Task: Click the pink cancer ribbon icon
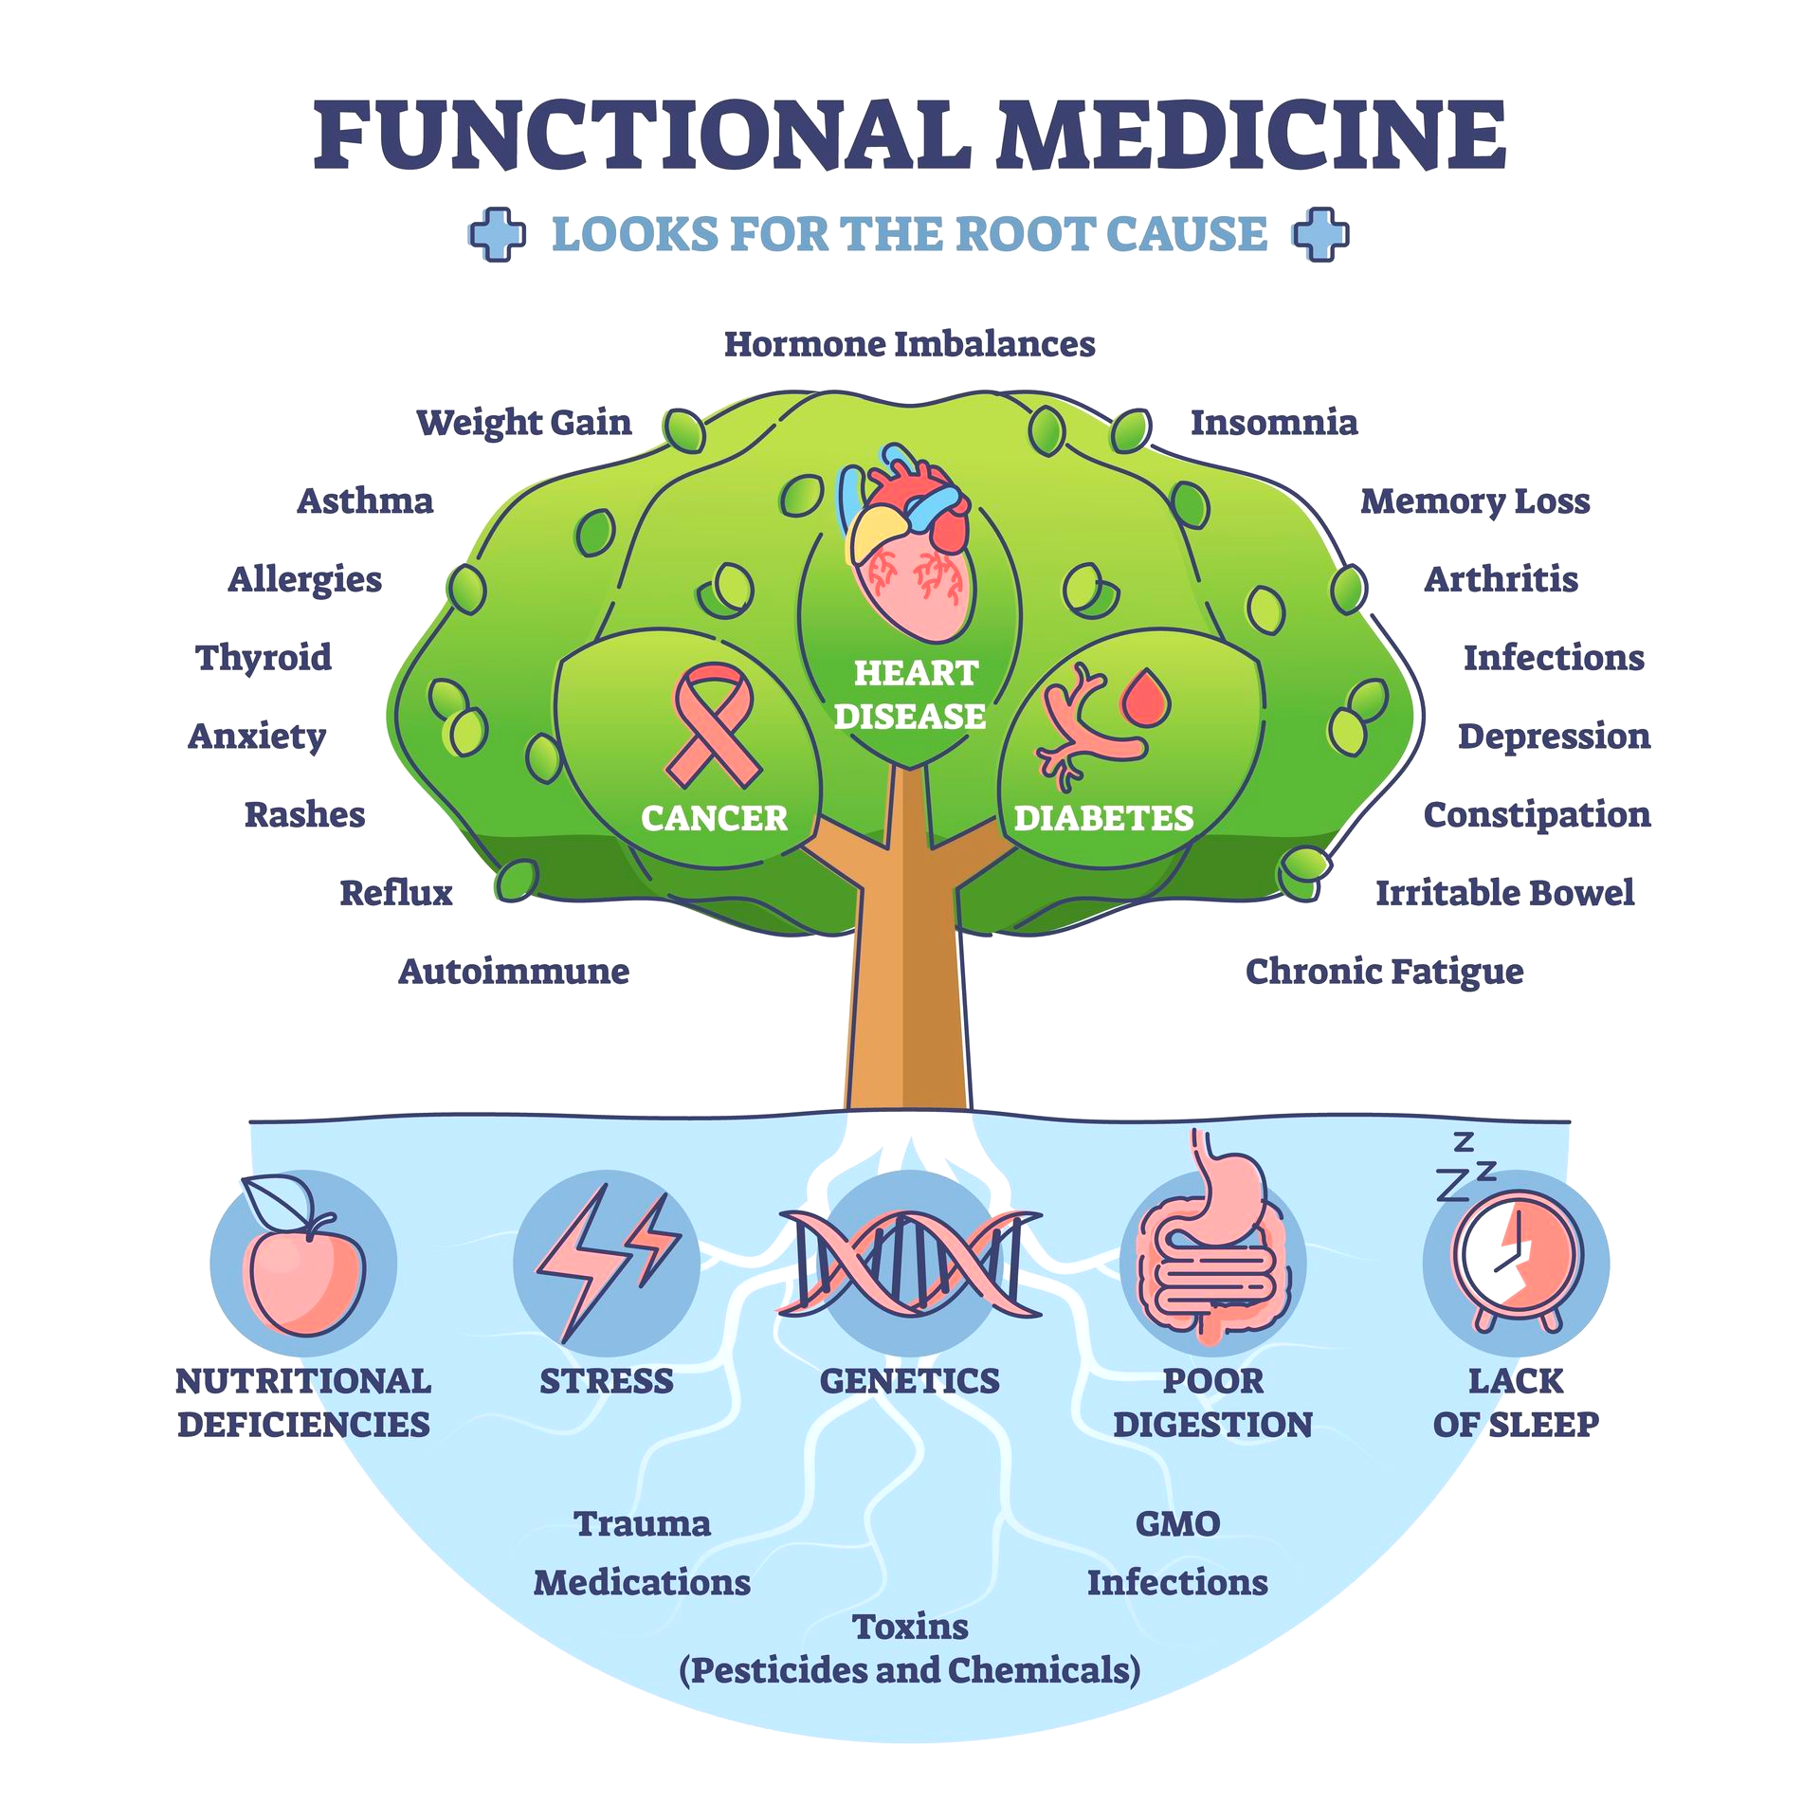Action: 713,726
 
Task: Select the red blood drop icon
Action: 1145,698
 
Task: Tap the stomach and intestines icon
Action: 1213,1251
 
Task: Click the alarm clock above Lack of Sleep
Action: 1518,1261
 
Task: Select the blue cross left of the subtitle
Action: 498,234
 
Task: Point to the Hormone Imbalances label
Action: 909,344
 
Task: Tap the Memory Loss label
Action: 1475,501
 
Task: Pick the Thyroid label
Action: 264,658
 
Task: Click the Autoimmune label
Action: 513,972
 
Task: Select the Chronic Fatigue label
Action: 1384,972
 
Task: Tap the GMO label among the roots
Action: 1177,1523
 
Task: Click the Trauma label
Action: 642,1523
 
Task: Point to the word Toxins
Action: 910,1627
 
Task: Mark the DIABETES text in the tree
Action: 1103,818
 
